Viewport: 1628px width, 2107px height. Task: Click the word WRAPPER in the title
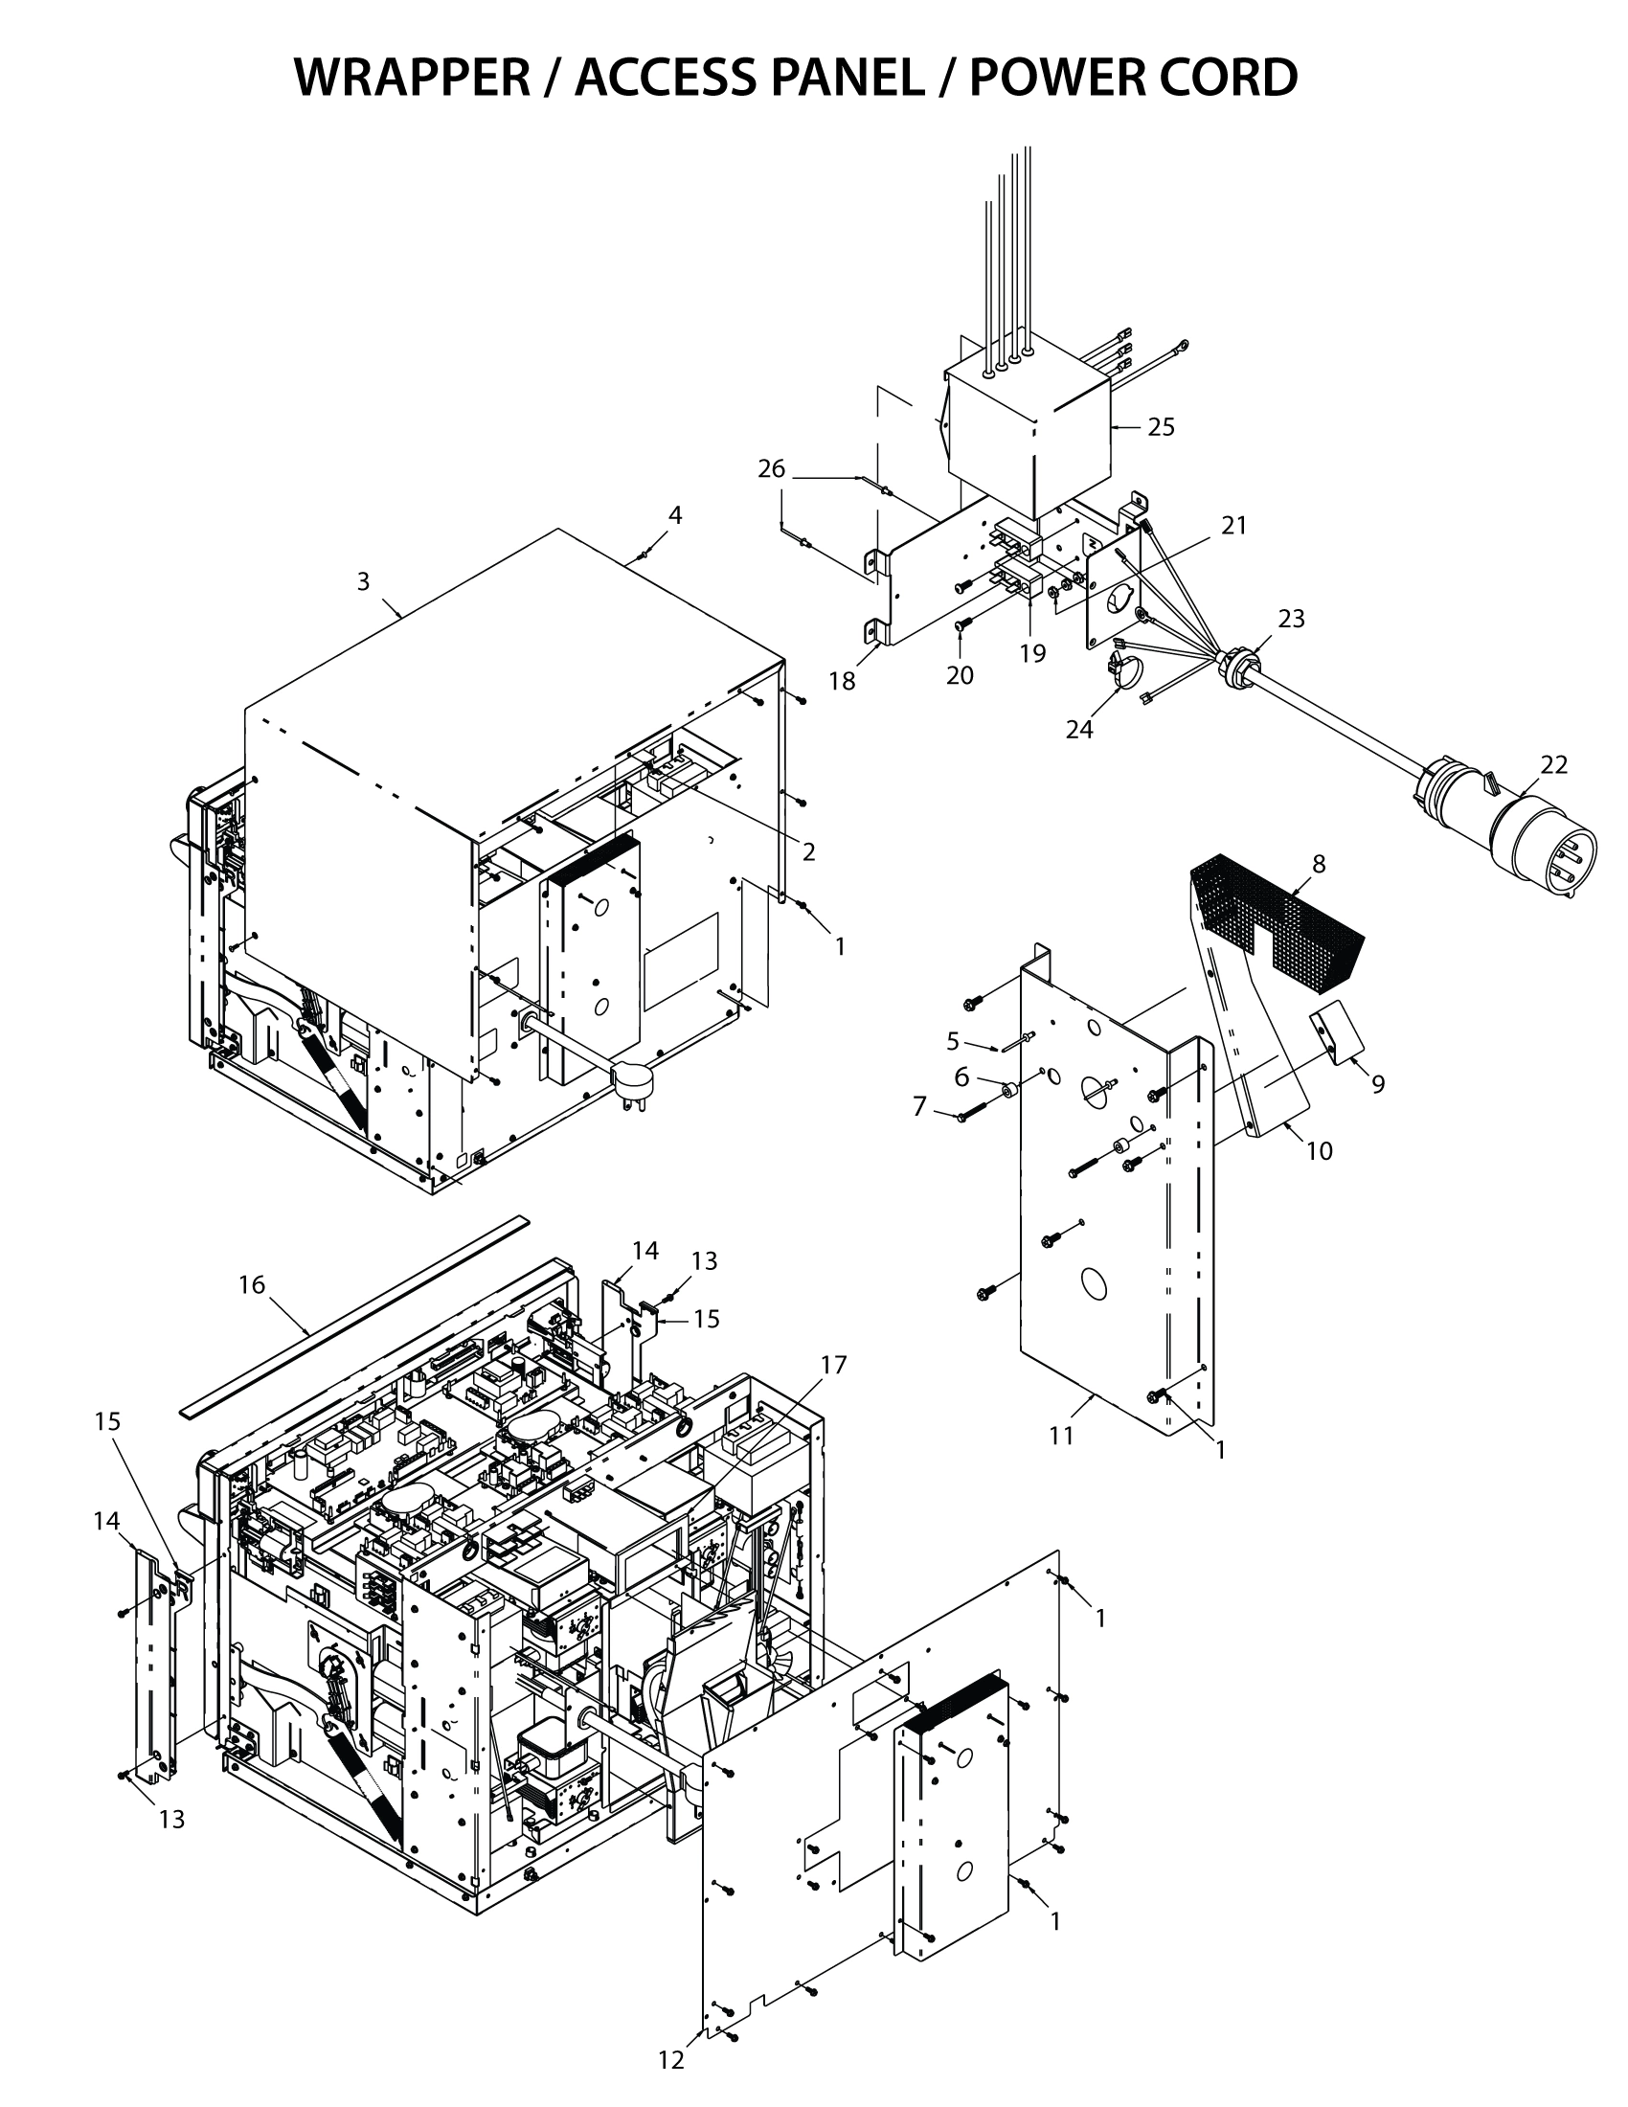click(x=412, y=78)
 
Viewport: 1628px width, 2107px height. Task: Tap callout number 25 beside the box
click(x=1162, y=427)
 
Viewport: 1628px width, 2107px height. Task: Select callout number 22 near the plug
click(x=1553, y=764)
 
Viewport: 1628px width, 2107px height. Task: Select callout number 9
click(x=1378, y=1084)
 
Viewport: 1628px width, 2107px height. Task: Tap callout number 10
click(x=1319, y=1150)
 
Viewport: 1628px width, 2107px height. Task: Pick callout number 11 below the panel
click(x=1061, y=1436)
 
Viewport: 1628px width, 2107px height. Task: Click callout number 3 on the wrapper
click(x=363, y=580)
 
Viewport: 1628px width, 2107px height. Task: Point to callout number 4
click(x=675, y=515)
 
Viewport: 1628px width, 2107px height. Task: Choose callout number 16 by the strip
click(x=251, y=1284)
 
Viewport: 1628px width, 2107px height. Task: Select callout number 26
click(x=772, y=469)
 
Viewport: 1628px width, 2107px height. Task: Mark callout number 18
click(x=841, y=681)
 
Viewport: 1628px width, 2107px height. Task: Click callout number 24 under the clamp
click(x=1079, y=730)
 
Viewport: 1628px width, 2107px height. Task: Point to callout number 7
click(x=920, y=1106)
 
